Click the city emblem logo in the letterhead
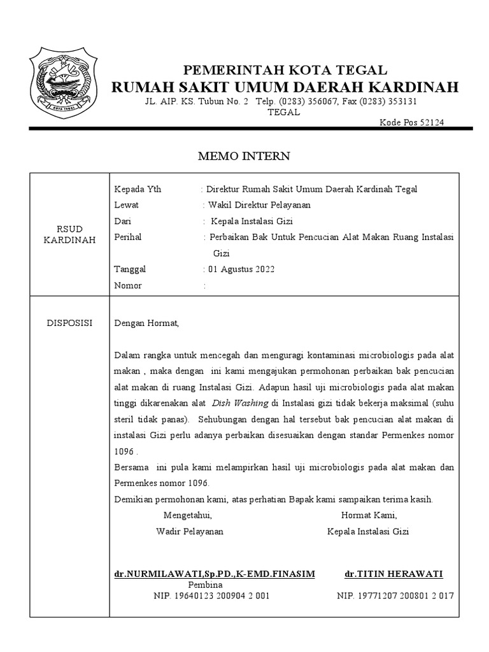tap(63, 81)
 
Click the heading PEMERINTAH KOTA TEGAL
tap(285, 70)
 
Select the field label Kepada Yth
tap(138, 189)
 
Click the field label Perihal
tap(127, 237)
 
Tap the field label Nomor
tap(128, 285)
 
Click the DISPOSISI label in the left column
tap(70, 323)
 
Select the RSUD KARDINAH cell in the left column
tap(70, 234)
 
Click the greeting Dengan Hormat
tap(147, 323)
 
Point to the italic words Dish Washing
tap(240, 403)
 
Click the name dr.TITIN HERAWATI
tap(393, 574)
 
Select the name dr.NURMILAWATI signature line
tap(215, 574)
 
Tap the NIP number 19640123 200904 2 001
tap(212, 596)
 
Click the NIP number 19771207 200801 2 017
tap(395, 596)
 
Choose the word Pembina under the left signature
tap(205, 585)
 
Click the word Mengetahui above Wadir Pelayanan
tap(188, 515)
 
